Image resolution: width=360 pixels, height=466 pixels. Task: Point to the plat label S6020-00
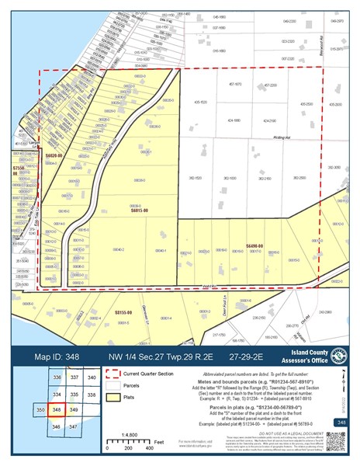pyautogui.click(x=53, y=156)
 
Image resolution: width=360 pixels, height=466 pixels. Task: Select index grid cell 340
pyautogui.click(x=92, y=377)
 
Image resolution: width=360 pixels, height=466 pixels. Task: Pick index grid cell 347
pyautogui.click(x=74, y=426)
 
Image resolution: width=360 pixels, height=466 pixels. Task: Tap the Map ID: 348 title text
pyautogui.click(x=59, y=356)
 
